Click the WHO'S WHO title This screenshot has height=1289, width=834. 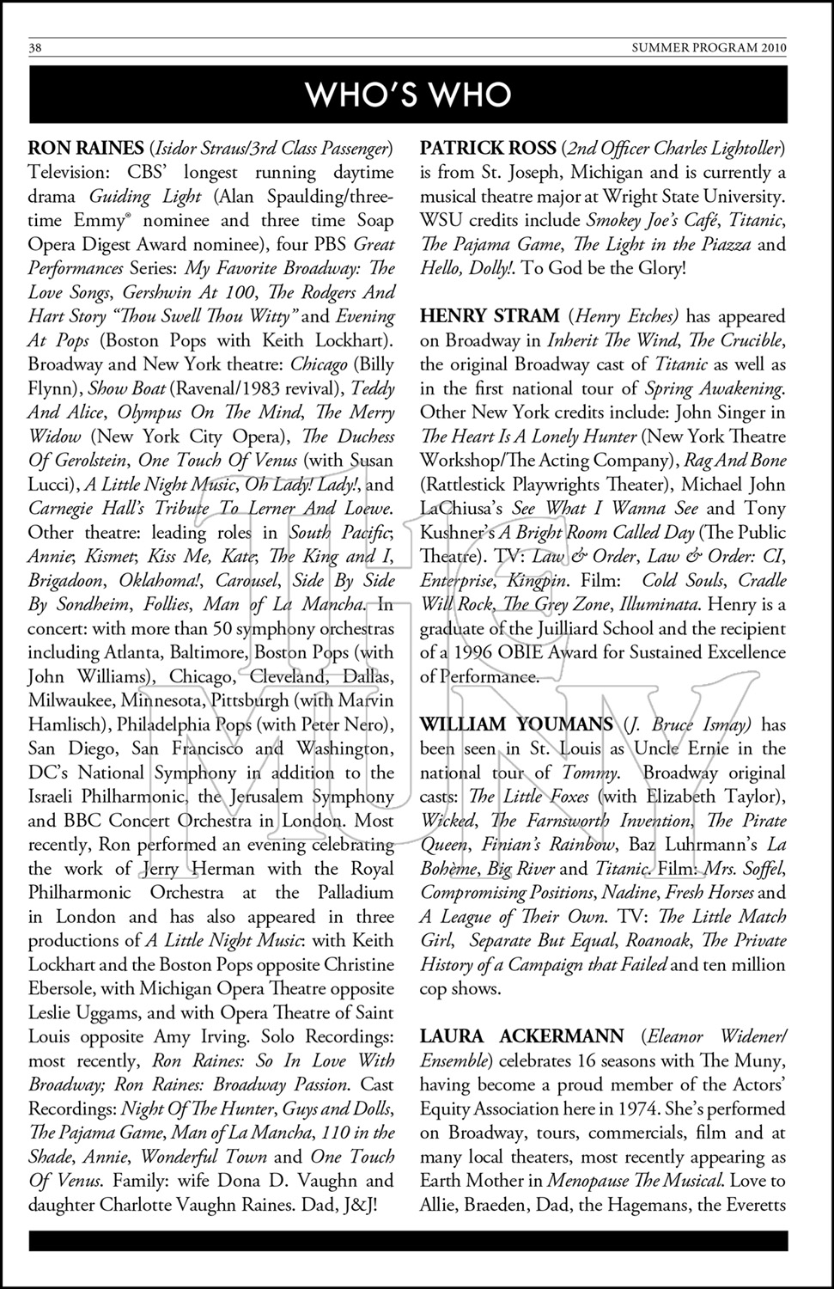point(409,95)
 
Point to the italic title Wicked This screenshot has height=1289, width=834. point(447,821)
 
